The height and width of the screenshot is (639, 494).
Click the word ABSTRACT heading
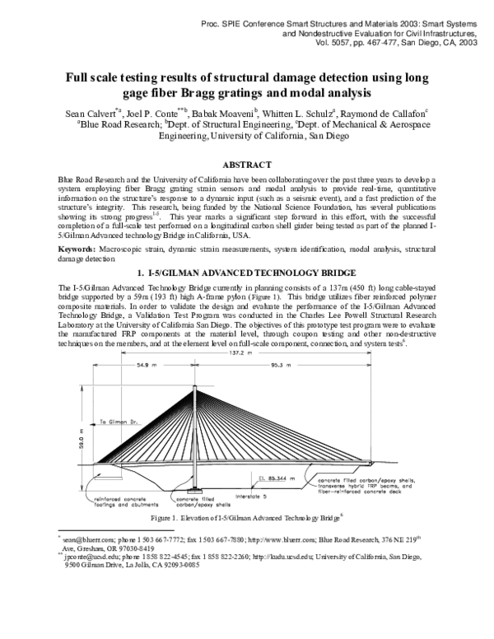(x=247, y=165)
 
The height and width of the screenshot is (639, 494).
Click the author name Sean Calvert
(x=90, y=112)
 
